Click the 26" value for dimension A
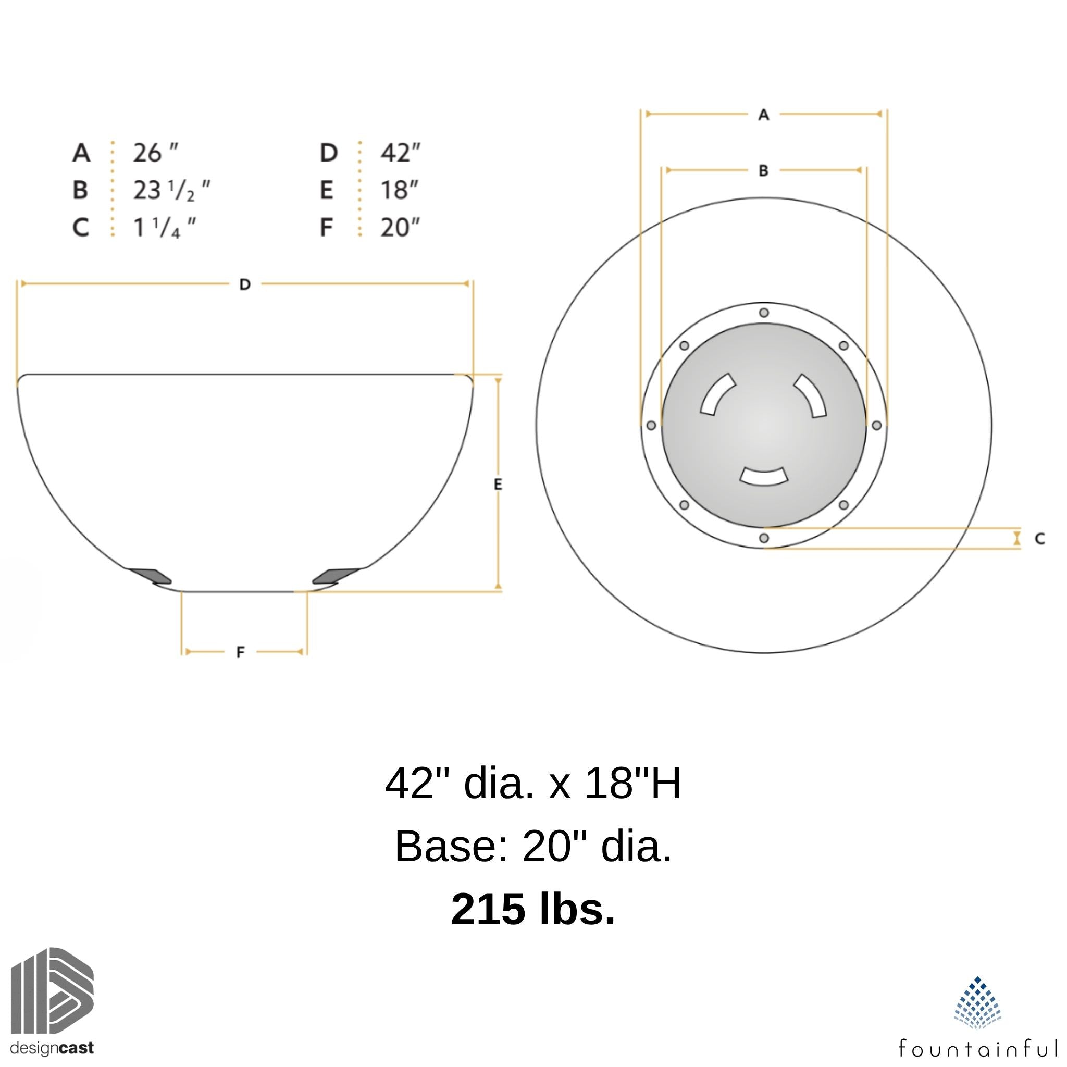click(155, 153)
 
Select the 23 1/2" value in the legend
click(171, 191)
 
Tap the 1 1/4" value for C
click(164, 228)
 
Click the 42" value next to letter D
click(400, 153)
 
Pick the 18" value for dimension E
click(399, 191)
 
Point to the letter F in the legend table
click(326, 228)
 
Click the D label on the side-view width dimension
click(245, 284)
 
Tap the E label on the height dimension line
click(498, 485)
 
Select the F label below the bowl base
click(240, 652)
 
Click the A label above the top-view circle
click(763, 115)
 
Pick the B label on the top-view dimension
click(763, 171)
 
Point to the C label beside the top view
click(1039, 539)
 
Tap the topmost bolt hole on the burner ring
click(764, 313)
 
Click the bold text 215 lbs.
click(533, 909)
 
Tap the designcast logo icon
click(52, 991)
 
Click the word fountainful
click(977, 1047)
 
